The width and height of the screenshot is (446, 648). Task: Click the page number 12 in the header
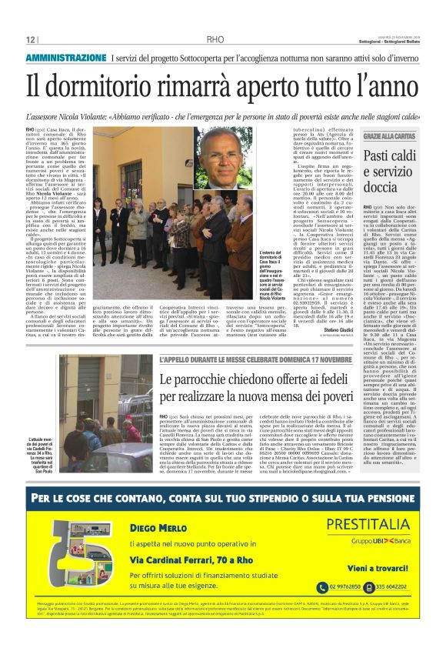[x=31, y=39]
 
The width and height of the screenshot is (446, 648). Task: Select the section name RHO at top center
[x=216, y=39]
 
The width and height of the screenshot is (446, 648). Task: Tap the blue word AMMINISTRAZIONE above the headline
[x=65, y=58]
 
